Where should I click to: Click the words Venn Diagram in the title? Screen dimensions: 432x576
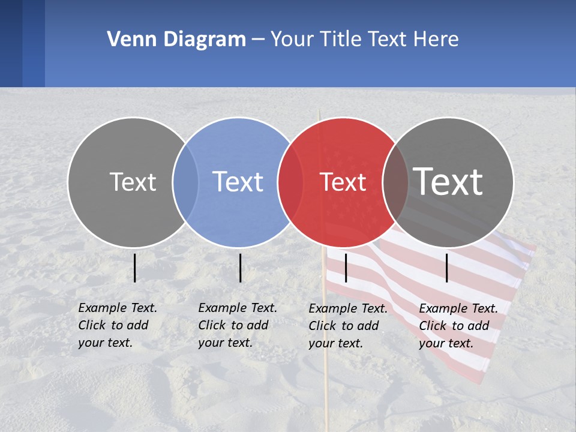[176, 40]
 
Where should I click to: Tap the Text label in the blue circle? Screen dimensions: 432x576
[238, 182]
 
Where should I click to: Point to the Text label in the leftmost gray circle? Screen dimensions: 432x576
[133, 182]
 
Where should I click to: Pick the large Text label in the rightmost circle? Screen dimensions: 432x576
[448, 181]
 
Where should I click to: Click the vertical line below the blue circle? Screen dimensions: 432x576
[240, 268]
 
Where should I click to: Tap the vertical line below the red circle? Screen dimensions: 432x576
[346, 268]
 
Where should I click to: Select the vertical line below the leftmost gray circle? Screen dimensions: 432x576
[135, 268]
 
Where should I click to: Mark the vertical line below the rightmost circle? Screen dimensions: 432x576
[447, 268]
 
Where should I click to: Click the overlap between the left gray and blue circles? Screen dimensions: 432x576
[185, 182]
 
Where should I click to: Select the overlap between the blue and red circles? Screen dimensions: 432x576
[290, 182]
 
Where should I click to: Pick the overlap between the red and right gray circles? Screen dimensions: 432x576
[395, 182]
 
